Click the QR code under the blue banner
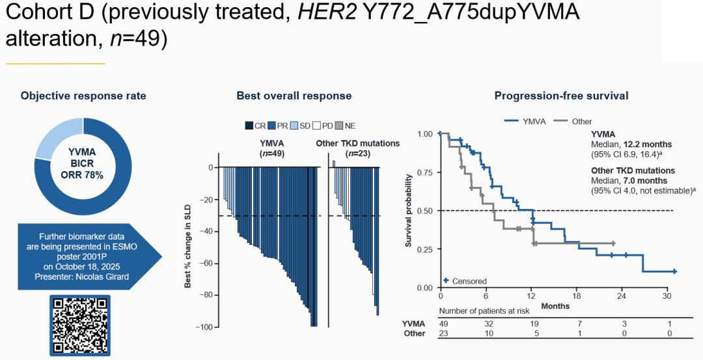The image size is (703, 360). click(80, 325)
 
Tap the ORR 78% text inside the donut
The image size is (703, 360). click(83, 176)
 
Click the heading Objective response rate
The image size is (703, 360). click(83, 96)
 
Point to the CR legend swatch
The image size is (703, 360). click(249, 126)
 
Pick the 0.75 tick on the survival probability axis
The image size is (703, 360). click(424, 173)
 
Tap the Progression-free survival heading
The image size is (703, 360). click(561, 96)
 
